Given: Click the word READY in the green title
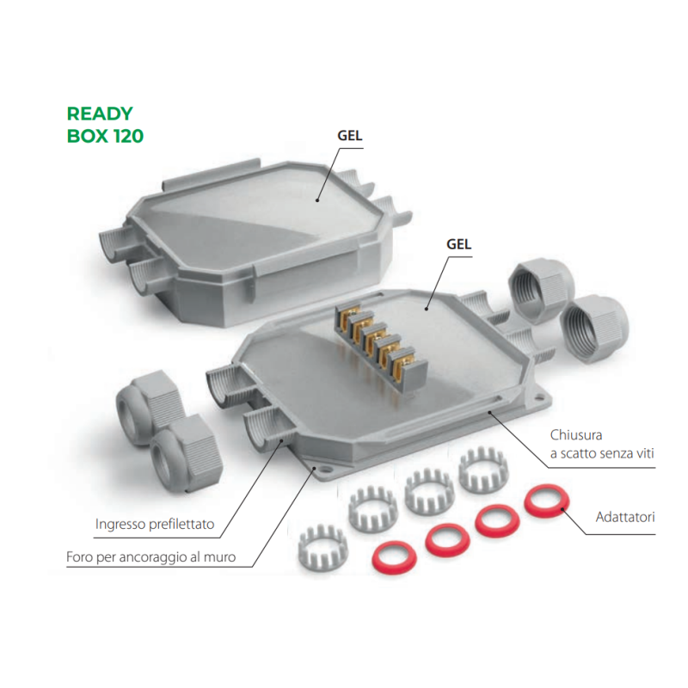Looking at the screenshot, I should (x=100, y=114).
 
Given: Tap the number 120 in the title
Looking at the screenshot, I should (x=127, y=136).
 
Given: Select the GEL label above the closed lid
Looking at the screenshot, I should (x=348, y=135).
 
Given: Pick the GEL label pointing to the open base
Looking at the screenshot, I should (x=460, y=243).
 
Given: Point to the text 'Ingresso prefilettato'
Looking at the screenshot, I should (x=155, y=523).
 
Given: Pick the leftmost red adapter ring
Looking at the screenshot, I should (x=392, y=558).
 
